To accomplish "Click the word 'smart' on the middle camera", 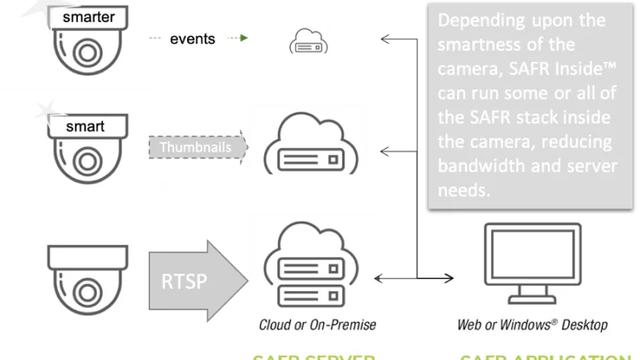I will coord(85,126).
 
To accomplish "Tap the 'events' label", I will coord(193,39).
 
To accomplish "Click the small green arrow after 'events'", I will coord(241,38).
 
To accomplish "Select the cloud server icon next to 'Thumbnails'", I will coord(304,143).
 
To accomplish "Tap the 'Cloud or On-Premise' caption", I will coord(317,325).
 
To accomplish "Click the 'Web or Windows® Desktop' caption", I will coord(532,325).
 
